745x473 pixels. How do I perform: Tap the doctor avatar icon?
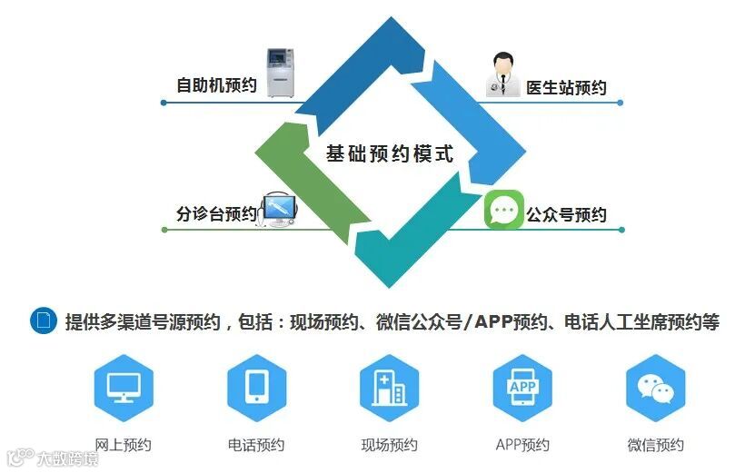click(502, 74)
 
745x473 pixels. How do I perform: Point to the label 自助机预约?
click(216, 86)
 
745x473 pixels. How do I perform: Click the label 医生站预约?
click(566, 88)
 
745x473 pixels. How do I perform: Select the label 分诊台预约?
click(216, 214)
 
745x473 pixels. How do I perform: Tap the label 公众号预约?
click(566, 215)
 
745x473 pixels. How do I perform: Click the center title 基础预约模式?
click(389, 154)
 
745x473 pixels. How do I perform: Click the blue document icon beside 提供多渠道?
click(44, 320)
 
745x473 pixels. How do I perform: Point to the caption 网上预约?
click(124, 445)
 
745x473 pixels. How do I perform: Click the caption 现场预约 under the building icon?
click(389, 445)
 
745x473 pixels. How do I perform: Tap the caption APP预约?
click(522, 445)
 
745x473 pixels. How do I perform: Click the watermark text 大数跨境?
click(67, 458)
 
